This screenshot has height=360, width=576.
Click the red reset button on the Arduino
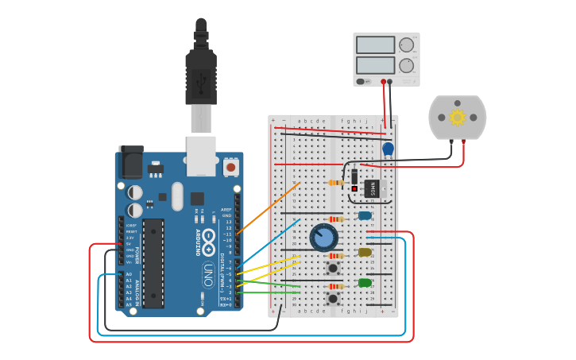pyautogui.click(x=230, y=167)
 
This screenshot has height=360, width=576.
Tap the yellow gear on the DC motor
pyautogui.click(x=457, y=118)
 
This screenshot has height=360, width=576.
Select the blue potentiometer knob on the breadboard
pyautogui.click(x=323, y=237)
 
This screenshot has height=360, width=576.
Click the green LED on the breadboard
pyautogui.click(x=365, y=283)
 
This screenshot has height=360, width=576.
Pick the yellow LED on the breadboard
pyautogui.click(x=365, y=252)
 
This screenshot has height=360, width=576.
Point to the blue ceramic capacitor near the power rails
pyautogui.click(x=388, y=149)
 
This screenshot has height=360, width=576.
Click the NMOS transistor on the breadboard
pyautogui.click(x=371, y=188)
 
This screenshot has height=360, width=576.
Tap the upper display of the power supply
pyautogui.click(x=375, y=45)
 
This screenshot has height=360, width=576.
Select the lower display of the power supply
pyautogui.click(x=375, y=65)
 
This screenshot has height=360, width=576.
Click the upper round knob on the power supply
pyautogui.click(x=406, y=45)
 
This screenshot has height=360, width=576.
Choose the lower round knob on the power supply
pyautogui.click(x=406, y=65)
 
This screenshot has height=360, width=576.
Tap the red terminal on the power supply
pyautogui.click(x=383, y=81)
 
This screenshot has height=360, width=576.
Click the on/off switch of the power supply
pyautogui.click(x=361, y=81)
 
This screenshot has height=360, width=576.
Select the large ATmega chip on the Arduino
pyautogui.click(x=153, y=263)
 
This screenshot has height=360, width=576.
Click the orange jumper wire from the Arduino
pyautogui.click(x=268, y=207)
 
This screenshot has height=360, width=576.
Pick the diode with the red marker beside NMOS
pyautogui.click(x=354, y=180)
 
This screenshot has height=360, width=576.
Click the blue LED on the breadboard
pyautogui.click(x=365, y=215)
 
